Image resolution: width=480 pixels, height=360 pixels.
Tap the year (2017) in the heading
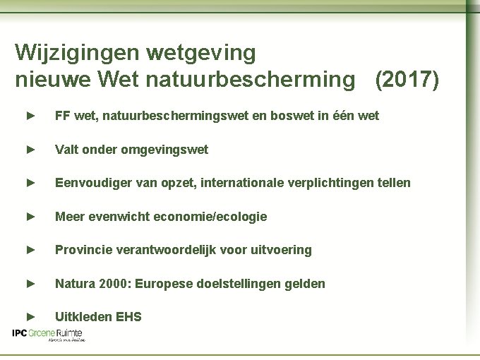(407, 80)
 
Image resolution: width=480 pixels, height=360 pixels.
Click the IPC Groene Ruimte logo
(48, 335)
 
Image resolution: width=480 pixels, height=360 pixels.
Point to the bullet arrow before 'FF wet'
(30, 115)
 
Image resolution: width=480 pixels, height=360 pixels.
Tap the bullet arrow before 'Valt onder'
(30, 150)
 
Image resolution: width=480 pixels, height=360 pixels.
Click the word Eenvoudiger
(90, 184)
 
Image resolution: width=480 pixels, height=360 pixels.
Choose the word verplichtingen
(331, 184)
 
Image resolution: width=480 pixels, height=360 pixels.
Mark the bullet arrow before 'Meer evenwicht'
(30, 217)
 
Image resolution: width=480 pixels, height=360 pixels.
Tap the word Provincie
(83, 250)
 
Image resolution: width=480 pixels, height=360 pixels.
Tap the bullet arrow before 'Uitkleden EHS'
(30, 317)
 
